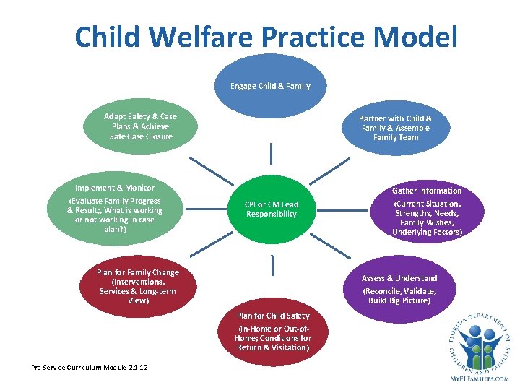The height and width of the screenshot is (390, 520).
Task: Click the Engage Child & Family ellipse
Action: tap(270, 86)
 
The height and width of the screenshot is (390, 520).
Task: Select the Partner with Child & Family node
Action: tap(395, 128)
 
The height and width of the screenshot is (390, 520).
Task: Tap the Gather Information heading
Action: tap(426, 191)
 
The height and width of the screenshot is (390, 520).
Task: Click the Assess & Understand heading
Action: tap(399, 278)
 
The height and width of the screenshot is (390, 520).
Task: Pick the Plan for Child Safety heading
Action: tap(273, 316)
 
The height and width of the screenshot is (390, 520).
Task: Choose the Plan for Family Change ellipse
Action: tap(137, 286)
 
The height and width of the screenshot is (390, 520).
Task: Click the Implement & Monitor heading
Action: tap(114, 188)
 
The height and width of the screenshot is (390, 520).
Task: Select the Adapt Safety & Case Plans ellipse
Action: tap(140, 126)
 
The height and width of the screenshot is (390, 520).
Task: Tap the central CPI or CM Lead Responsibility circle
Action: tap(271, 209)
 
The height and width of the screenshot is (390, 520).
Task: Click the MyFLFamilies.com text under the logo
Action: tap(477, 378)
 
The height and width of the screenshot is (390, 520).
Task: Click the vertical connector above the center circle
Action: tap(272, 153)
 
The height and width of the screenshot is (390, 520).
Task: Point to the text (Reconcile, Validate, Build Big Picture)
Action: tap(399, 295)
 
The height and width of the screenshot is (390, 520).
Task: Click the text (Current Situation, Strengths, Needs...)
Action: tap(426, 218)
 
